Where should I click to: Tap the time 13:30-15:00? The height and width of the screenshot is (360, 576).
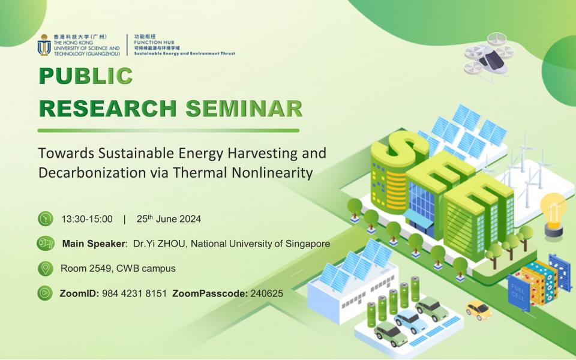87,219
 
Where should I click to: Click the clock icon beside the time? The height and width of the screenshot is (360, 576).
44,219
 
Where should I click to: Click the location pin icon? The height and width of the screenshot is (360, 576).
44,268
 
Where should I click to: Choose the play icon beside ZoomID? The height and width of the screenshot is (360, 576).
44,293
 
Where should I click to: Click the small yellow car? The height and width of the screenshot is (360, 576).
479,310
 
